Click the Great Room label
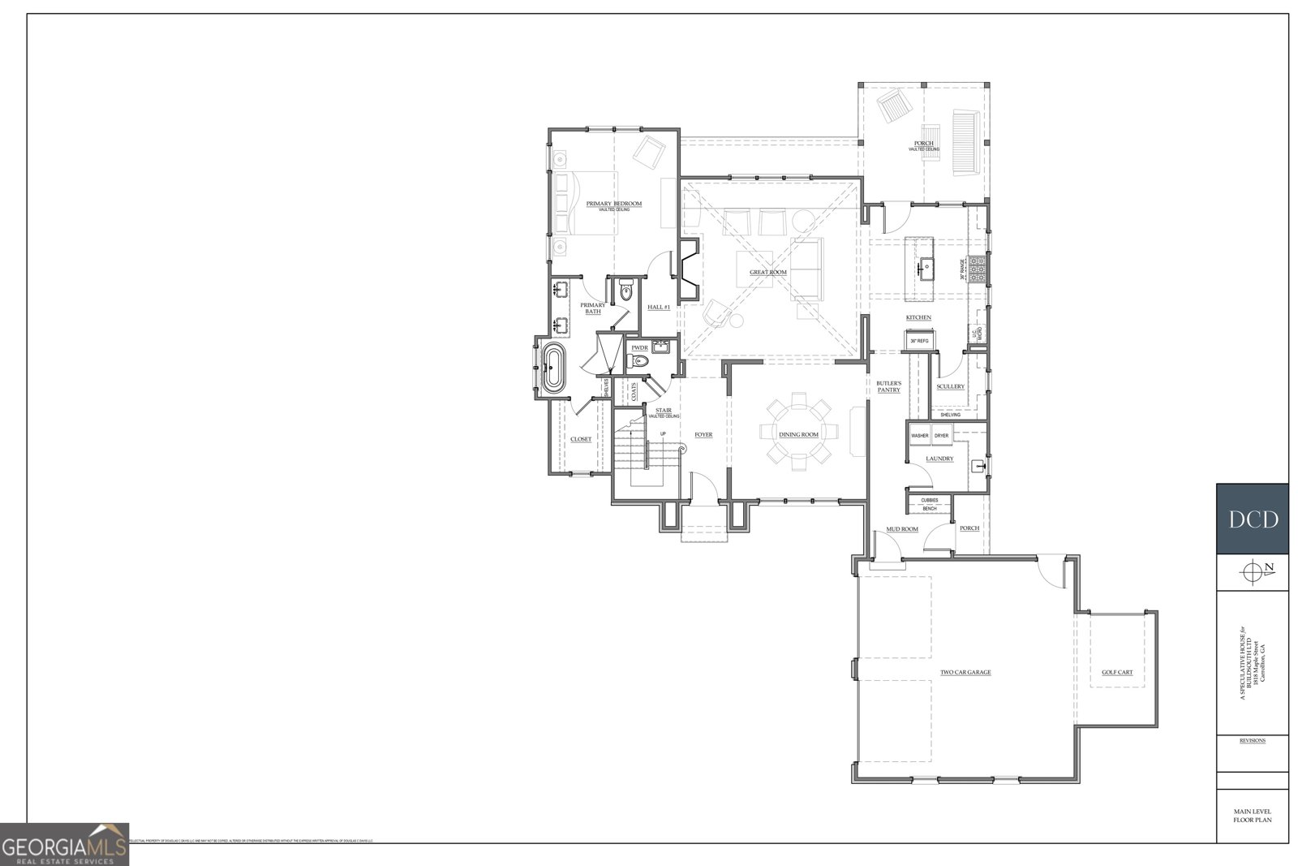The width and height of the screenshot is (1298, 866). point(767,273)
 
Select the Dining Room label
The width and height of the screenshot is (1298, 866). point(798,435)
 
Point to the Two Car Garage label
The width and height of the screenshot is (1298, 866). point(965,673)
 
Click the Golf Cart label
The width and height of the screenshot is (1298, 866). point(1116,673)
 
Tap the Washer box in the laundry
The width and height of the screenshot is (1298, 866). point(919,436)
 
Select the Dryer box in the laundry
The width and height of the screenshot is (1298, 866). point(941,436)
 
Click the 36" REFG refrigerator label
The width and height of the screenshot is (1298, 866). point(918,341)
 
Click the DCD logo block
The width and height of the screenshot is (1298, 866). point(1252,519)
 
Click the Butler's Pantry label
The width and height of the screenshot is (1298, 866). point(888,386)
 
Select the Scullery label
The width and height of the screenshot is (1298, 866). point(950,386)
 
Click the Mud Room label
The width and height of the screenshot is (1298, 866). point(901,528)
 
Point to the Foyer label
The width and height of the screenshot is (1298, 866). point(703,435)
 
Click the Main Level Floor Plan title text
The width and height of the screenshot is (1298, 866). point(1252,816)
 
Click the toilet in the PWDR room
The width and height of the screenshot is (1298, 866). point(640,362)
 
